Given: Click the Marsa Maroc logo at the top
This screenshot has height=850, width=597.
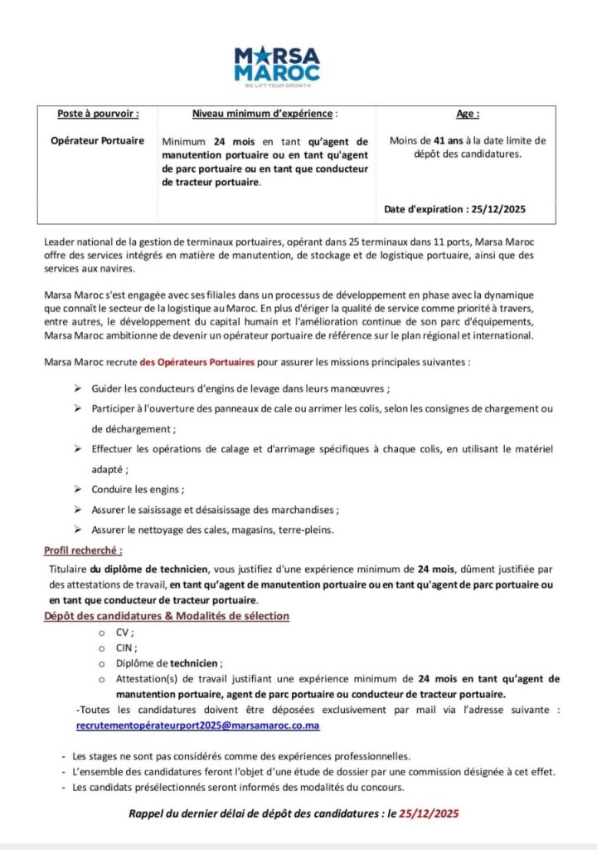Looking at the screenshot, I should click(276, 65).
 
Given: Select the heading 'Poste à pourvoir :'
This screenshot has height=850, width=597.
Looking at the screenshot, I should click(98, 113).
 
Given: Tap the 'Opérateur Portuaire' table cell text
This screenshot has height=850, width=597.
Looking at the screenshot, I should click(98, 140).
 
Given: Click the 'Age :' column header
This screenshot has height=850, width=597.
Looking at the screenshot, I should click(468, 113).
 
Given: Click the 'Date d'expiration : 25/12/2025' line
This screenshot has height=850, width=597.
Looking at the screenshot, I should click(455, 209).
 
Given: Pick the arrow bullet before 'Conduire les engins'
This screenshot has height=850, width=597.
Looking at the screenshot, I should click(77, 489).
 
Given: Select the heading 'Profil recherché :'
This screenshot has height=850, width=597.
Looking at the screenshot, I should click(83, 550).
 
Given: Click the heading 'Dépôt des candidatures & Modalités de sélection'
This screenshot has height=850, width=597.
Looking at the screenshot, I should click(167, 615).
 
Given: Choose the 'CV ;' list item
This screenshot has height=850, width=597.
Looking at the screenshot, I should click(124, 631).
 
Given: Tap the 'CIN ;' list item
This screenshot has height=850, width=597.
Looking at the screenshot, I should click(127, 647).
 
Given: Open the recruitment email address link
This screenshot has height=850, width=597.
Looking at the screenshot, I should click(197, 725).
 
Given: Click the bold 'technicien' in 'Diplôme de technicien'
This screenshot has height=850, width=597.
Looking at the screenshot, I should click(196, 663).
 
